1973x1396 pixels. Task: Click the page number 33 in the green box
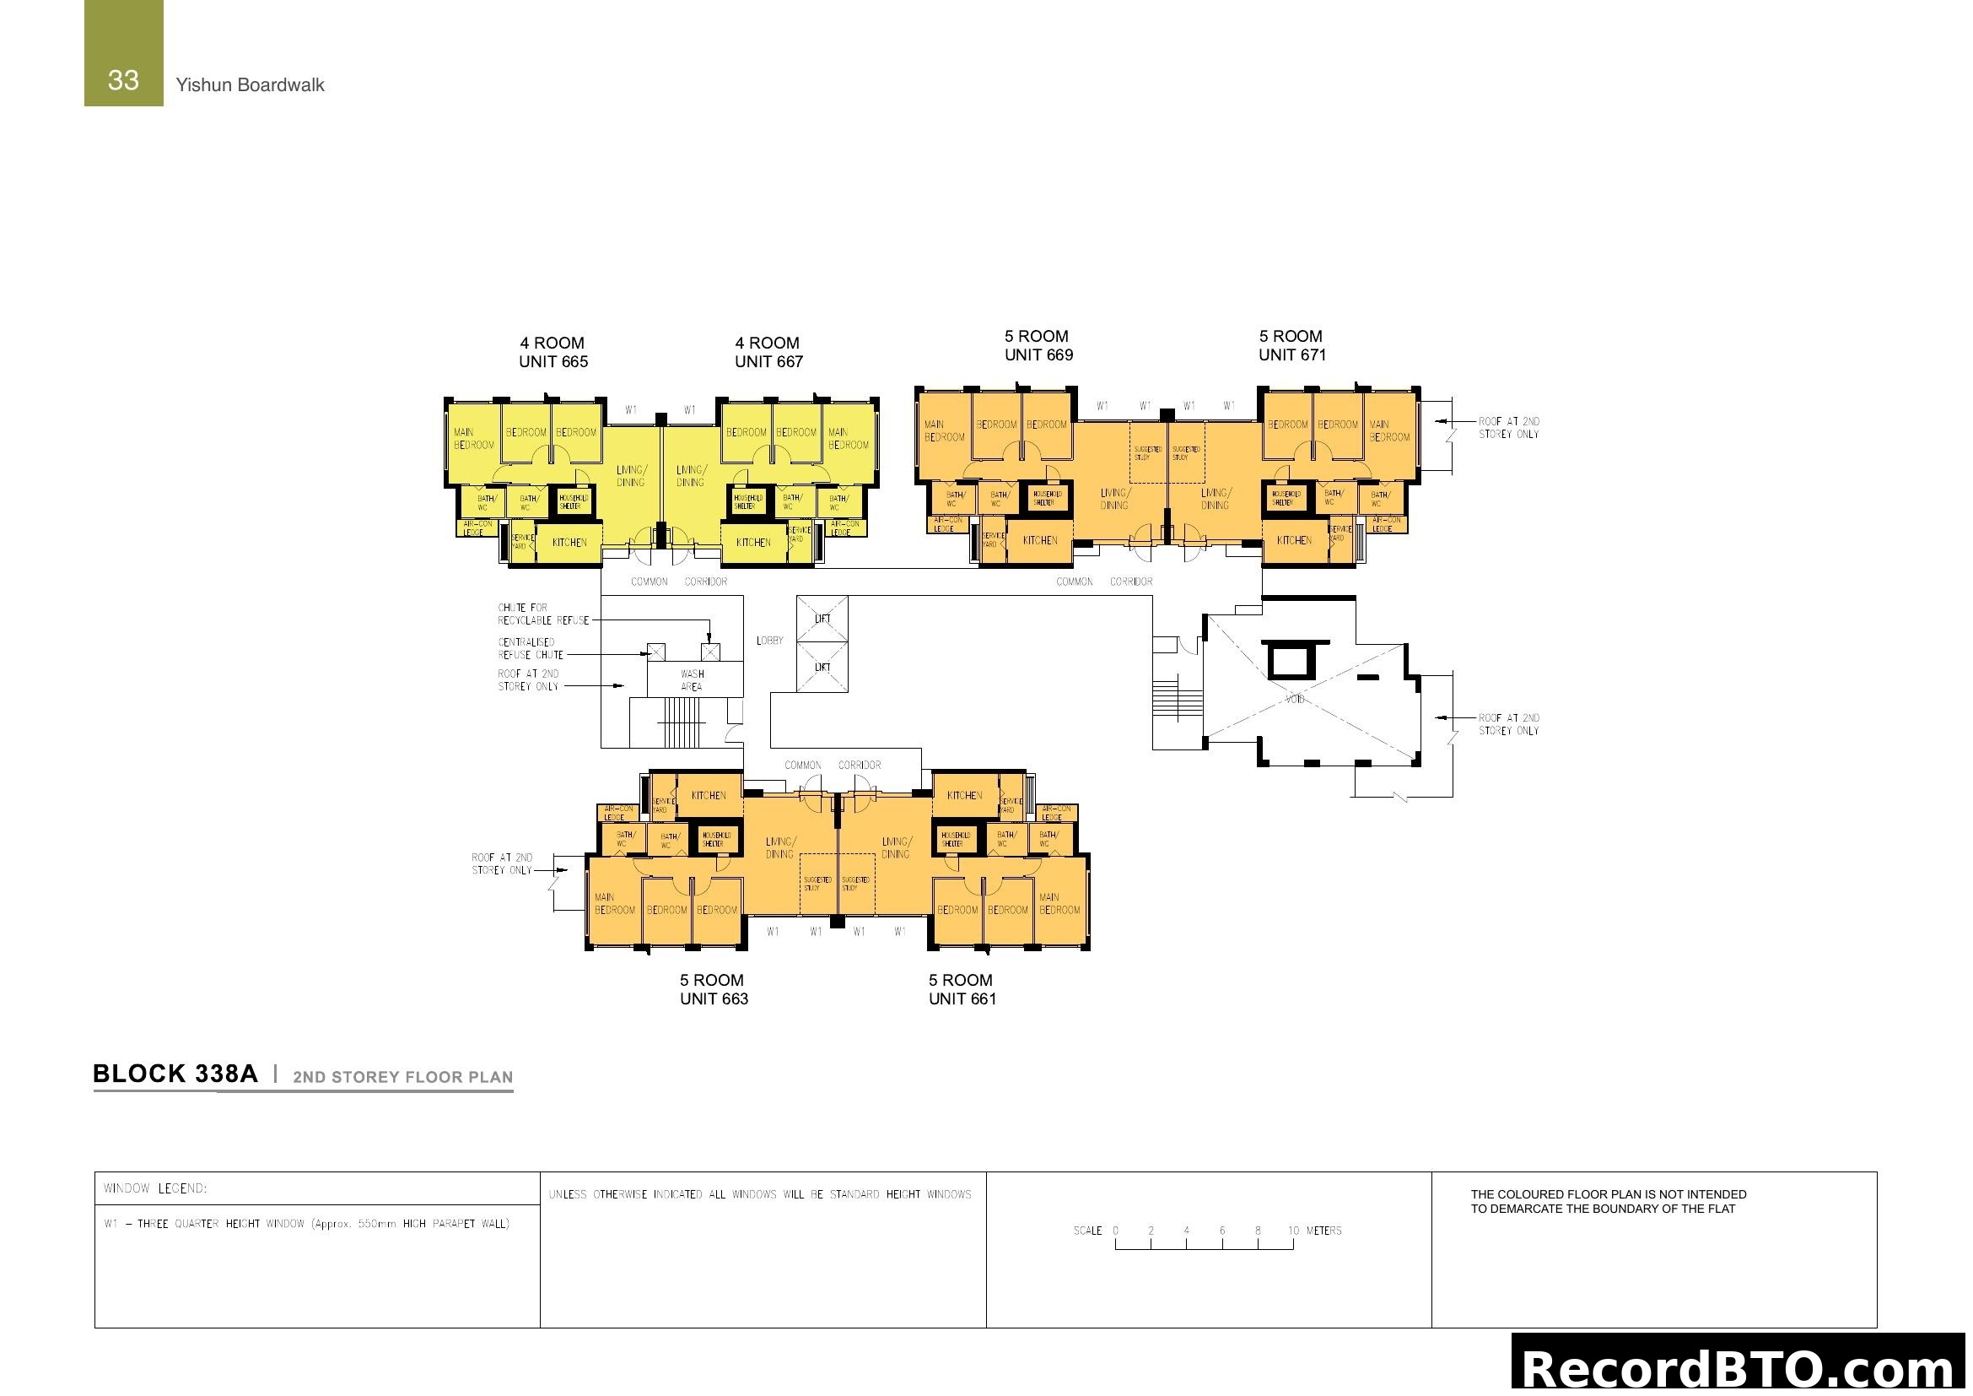123,80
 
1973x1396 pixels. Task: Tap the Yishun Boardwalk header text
249,85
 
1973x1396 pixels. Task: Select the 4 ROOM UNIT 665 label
553,353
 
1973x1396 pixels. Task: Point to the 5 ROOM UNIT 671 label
1291,345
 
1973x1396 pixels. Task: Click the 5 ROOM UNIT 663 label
714,989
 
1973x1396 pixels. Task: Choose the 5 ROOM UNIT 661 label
962,989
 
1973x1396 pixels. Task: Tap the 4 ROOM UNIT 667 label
768,353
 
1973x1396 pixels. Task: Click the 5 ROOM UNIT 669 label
1038,345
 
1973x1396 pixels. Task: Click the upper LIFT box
822,619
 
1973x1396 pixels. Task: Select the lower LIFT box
822,667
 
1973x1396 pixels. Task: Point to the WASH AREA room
693,680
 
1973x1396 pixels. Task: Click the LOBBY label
769,641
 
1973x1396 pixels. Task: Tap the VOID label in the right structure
1294,699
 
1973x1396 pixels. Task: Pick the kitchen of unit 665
569,543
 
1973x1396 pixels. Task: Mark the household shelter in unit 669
1047,498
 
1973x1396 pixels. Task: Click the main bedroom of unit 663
614,903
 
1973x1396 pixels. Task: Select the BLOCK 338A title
175,1074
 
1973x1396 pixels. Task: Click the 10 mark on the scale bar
1293,1231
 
